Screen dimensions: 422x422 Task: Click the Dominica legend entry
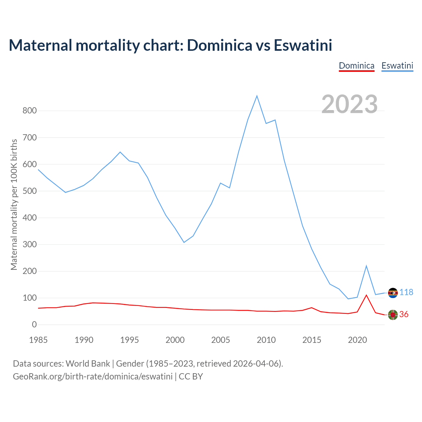pos(356,66)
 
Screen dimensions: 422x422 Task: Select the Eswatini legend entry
pos(397,66)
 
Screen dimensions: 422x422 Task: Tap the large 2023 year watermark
pos(349,104)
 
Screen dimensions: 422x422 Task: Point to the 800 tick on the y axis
pos(29,111)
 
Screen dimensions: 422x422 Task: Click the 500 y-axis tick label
pos(29,191)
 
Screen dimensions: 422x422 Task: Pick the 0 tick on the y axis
pos(34,325)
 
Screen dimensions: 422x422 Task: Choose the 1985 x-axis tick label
pos(38,340)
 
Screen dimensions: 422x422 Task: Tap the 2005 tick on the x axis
pos(221,340)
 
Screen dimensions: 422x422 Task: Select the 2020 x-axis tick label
pos(357,340)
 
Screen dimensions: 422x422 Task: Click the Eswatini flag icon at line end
pos(393,293)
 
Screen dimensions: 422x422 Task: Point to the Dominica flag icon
pos(393,315)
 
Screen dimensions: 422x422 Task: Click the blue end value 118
pos(407,292)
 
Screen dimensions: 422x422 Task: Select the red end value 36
pos(404,315)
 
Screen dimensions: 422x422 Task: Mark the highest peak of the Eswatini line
pos(257,96)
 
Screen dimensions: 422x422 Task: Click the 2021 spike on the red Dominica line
pos(366,295)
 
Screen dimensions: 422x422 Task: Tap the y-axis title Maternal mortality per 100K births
pos(14,204)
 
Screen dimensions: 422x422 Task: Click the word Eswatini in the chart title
pos(303,45)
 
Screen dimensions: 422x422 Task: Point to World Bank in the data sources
pos(88,364)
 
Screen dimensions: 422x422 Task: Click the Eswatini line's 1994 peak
pos(120,152)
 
